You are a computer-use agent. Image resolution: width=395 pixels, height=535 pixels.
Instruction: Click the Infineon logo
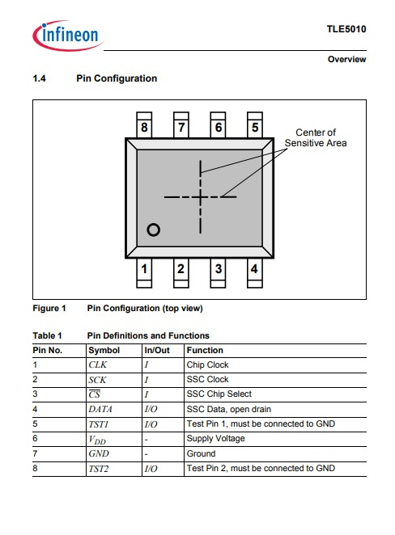[68, 36]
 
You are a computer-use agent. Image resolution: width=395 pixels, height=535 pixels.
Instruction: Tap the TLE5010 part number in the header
[346, 29]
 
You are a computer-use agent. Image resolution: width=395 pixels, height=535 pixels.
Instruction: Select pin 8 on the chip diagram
[144, 125]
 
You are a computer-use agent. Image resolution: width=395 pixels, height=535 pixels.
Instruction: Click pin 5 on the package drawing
[255, 125]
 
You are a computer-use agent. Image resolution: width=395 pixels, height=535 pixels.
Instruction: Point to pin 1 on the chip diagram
[144, 272]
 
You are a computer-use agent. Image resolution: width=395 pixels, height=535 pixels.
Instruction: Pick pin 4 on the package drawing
[254, 272]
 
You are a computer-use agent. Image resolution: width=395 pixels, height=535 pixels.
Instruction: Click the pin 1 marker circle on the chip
[154, 230]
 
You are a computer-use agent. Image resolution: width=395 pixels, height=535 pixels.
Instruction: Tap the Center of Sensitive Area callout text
[316, 137]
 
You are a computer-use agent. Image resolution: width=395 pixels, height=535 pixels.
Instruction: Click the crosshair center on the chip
[200, 197]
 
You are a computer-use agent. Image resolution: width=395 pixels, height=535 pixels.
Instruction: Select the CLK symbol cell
[98, 364]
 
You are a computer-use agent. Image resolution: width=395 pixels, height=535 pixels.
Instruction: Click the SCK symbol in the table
[97, 380]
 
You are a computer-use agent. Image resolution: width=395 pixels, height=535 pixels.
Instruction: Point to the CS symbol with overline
[95, 394]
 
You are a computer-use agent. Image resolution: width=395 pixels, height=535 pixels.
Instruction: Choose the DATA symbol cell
[100, 409]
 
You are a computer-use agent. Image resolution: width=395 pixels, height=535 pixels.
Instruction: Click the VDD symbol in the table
[97, 440]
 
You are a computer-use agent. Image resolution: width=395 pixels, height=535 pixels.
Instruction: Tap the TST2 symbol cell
[99, 469]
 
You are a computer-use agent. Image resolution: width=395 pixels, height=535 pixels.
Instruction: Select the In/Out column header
[157, 351]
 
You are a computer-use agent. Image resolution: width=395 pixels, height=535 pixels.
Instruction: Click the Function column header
[205, 351]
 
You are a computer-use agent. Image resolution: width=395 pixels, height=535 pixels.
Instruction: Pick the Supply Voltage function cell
[215, 439]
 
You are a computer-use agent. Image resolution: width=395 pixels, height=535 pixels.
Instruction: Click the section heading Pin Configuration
[117, 78]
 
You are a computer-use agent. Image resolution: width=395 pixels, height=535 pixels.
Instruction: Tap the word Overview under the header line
[346, 59]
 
